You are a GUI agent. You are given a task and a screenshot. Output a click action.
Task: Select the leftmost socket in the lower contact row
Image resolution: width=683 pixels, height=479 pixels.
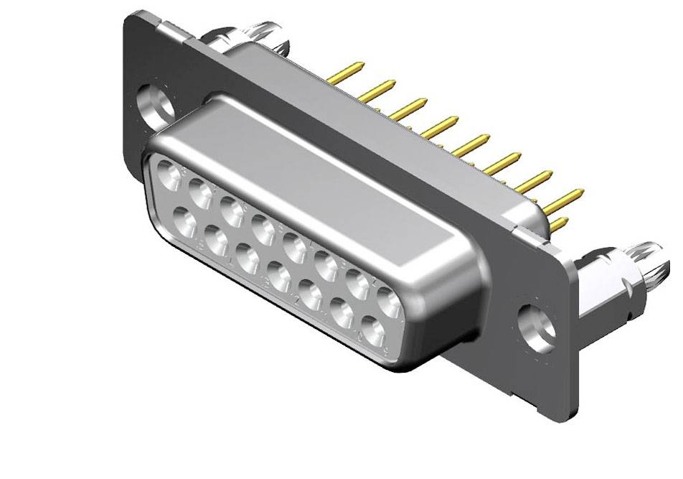(x=184, y=218)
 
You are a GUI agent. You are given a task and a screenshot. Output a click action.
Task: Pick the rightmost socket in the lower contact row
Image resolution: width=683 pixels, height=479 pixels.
(x=373, y=330)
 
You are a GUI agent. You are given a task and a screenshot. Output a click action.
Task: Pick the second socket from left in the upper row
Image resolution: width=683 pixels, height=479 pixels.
(x=200, y=192)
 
